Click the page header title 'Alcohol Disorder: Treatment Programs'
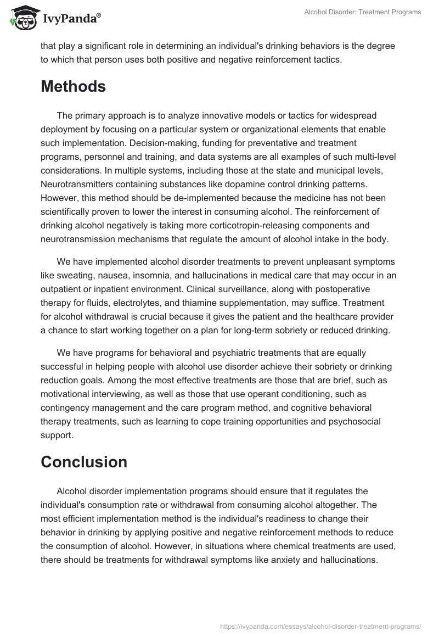click(x=363, y=12)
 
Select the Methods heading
click(x=73, y=86)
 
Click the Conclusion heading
click(x=84, y=462)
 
